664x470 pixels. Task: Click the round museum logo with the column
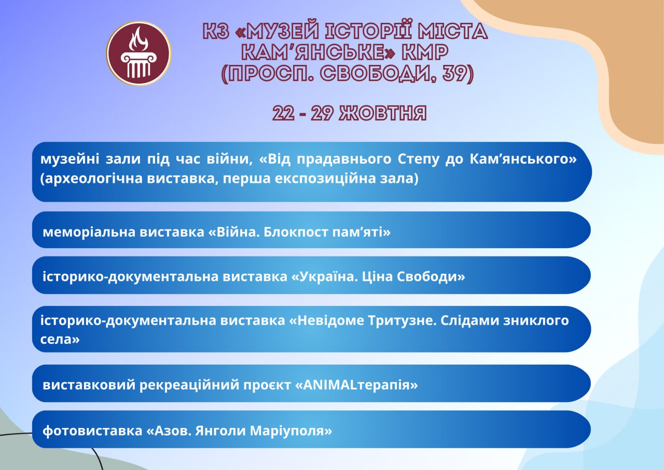139,53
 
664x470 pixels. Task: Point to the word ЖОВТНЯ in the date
383,113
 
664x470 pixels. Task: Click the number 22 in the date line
283,113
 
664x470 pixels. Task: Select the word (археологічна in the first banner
91,179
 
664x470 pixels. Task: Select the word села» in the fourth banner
60,339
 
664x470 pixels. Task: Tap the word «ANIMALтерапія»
356,385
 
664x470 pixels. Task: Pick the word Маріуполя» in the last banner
291,431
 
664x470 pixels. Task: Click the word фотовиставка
92,431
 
